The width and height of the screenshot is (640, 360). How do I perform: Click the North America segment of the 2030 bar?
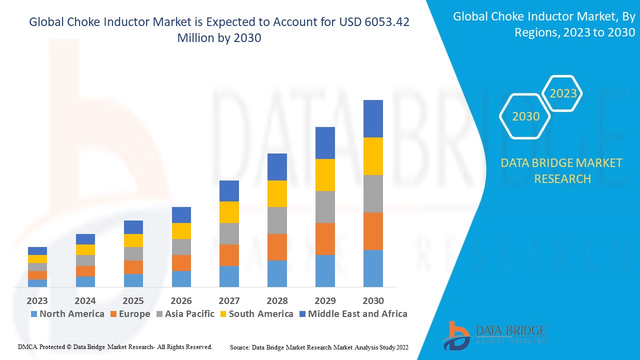[x=373, y=268]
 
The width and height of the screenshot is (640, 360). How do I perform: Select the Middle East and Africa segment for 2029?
[x=325, y=143]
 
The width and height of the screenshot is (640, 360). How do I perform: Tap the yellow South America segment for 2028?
[x=277, y=193]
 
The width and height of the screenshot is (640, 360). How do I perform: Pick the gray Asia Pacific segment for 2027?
[x=229, y=233]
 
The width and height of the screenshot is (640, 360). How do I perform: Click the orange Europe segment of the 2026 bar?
[x=181, y=263]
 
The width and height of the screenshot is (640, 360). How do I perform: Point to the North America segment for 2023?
[x=37, y=283]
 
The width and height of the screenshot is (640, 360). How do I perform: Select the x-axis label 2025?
[x=133, y=300]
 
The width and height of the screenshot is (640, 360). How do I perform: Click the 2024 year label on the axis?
[x=85, y=300]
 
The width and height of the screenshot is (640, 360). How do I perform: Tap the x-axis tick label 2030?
[x=373, y=300]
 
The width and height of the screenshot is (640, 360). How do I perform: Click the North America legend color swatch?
[x=34, y=314]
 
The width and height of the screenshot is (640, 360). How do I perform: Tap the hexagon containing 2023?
[x=563, y=93]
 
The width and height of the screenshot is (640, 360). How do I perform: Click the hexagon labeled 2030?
[x=525, y=116]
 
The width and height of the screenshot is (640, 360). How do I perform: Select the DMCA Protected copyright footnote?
[x=115, y=346]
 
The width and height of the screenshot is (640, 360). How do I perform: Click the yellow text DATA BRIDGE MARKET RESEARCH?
[x=562, y=170]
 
